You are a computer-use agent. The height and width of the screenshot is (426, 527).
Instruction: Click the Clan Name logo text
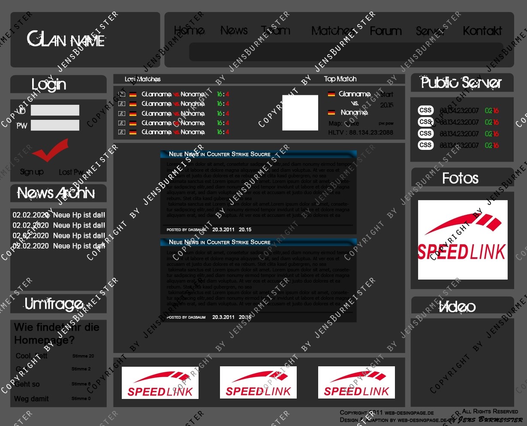pyautogui.click(x=66, y=40)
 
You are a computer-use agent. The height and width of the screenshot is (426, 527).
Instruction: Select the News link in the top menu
pyautogui.click(x=234, y=30)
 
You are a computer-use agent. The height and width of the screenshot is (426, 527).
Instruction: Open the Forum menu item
pyautogui.click(x=385, y=31)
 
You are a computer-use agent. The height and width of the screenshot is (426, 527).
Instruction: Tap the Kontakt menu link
pyautogui.click(x=482, y=31)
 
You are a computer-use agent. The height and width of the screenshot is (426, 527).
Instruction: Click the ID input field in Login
pyautogui.click(x=55, y=110)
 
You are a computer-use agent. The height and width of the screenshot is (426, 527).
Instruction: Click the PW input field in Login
pyautogui.click(x=55, y=125)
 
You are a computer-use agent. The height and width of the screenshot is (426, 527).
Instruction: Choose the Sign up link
pyautogui.click(x=32, y=172)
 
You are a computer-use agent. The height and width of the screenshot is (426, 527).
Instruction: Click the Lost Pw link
pyautogui.click(x=71, y=172)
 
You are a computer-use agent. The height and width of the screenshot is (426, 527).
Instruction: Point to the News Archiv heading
pyautogui.click(x=56, y=193)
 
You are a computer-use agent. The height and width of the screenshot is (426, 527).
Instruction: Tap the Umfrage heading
pyautogui.click(x=54, y=304)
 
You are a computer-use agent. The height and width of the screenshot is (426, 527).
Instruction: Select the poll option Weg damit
pyautogui.click(x=31, y=399)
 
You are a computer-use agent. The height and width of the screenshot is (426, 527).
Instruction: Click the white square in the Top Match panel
pyautogui.click(x=300, y=113)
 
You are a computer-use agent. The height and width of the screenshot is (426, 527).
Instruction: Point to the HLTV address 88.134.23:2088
pyautogui.click(x=360, y=132)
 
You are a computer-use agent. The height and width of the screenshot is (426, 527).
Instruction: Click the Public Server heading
pyautogui.click(x=461, y=82)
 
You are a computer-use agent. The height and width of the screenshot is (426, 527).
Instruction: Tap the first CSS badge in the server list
pyautogui.click(x=425, y=110)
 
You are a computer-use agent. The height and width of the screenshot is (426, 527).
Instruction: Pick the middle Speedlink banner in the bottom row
pyautogui.click(x=258, y=382)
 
